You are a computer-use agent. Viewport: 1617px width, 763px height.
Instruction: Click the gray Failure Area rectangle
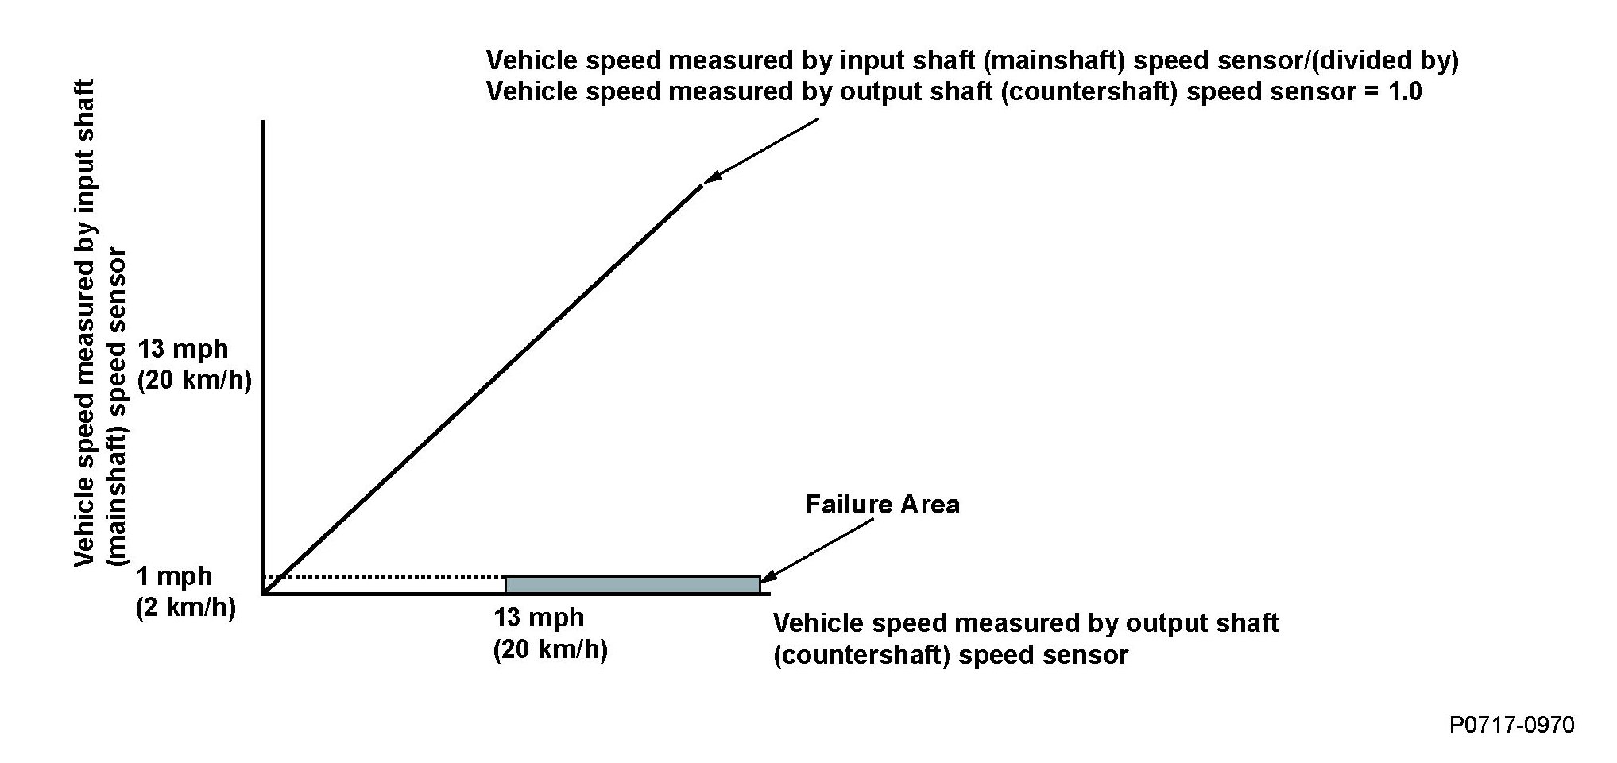pyautogui.click(x=632, y=585)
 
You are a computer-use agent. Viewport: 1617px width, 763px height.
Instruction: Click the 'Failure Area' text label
pyautogui.click(x=882, y=505)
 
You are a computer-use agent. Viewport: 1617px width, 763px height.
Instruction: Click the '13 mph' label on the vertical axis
pyautogui.click(x=183, y=349)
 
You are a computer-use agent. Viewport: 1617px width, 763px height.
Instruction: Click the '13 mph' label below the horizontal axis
pyautogui.click(x=539, y=618)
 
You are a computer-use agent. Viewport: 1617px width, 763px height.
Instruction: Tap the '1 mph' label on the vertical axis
pyautogui.click(x=175, y=576)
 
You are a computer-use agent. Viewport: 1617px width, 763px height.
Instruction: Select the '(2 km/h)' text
pyautogui.click(x=186, y=608)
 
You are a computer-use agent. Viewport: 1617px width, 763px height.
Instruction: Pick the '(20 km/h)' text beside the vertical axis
pyautogui.click(x=195, y=381)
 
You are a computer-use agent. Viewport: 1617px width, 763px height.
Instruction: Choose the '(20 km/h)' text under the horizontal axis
pyautogui.click(x=550, y=650)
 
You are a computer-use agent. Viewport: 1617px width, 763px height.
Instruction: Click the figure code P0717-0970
pyautogui.click(x=1511, y=725)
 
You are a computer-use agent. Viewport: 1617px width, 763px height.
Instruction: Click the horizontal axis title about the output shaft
pyautogui.click(x=1025, y=639)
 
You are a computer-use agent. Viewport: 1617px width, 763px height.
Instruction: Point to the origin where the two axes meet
pyautogui.click(x=263, y=593)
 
